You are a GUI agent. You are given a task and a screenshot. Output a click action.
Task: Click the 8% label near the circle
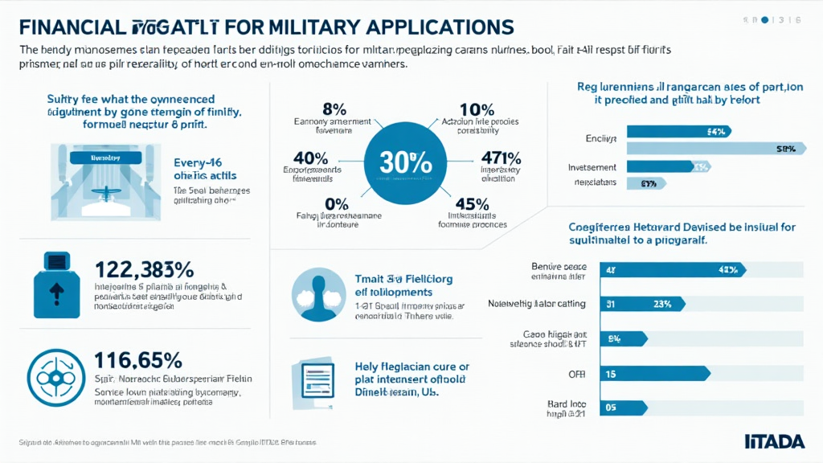click(x=333, y=108)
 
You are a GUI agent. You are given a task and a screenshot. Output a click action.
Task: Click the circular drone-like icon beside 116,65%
click(x=56, y=375)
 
